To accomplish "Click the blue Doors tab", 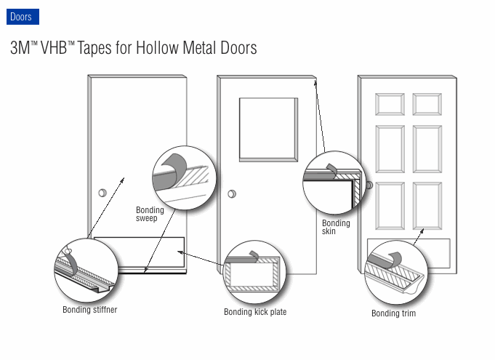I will [21, 17].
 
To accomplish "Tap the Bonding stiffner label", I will [89, 310].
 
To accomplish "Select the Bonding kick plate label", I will [254, 312].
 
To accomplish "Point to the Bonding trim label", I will [393, 313].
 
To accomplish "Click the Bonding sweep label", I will [150, 215].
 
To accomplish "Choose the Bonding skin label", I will [336, 227].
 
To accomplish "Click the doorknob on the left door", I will [102, 193].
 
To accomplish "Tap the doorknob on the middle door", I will [232, 194].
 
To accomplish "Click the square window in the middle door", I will [268, 129].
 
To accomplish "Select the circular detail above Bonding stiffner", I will [86, 270].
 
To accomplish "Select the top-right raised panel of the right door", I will [427, 104].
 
